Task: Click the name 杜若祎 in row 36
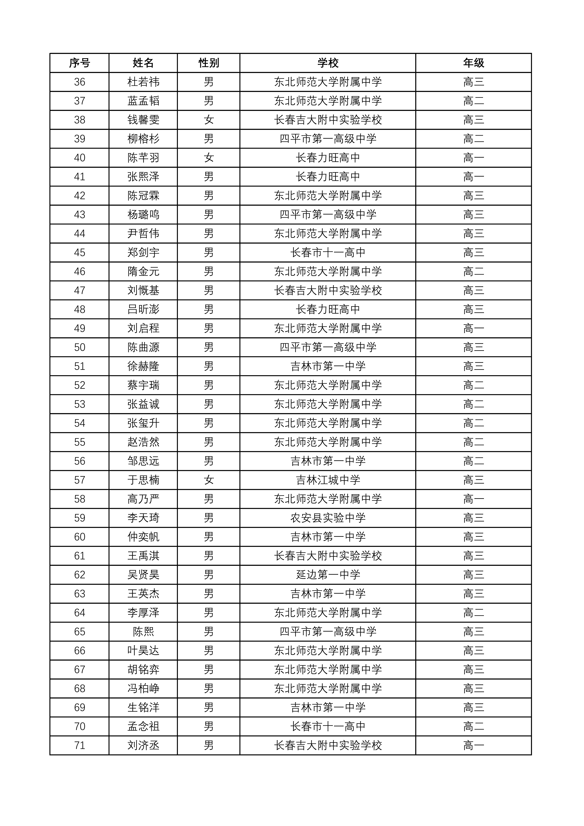pyautogui.click(x=143, y=82)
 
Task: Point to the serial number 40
pyautogui.click(x=80, y=158)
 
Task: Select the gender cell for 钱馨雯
pyautogui.click(x=209, y=120)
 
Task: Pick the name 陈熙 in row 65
pyautogui.click(x=143, y=632)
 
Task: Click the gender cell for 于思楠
pyautogui.click(x=209, y=480)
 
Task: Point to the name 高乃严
pyautogui.click(x=143, y=499)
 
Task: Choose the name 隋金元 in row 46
pyautogui.click(x=143, y=272)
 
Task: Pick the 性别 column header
pyautogui.click(x=209, y=63)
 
